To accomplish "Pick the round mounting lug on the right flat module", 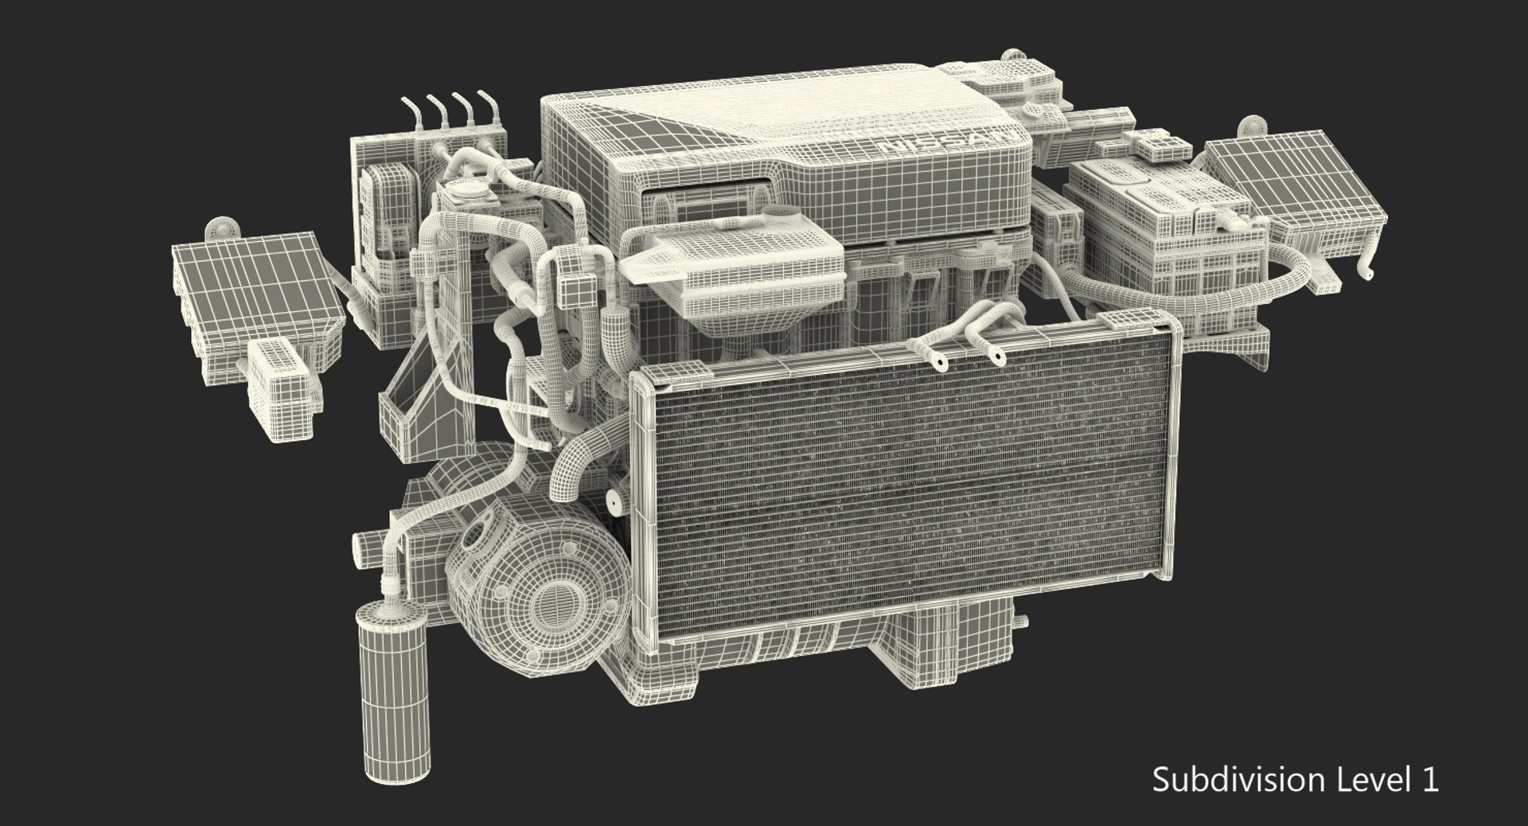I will click(x=1250, y=128).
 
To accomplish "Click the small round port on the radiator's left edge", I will click(x=614, y=501).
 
